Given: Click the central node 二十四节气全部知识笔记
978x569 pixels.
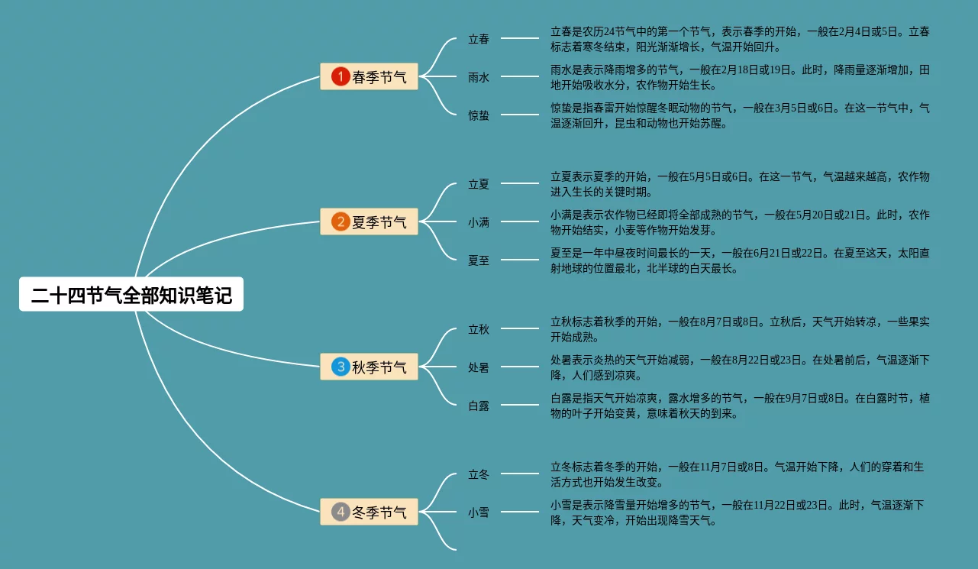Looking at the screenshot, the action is point(131,295).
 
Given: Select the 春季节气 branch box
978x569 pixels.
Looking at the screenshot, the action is point(369,76).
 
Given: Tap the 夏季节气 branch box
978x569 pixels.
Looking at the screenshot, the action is point(369,222).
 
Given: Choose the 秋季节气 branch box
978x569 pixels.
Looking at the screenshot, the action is point(369,367).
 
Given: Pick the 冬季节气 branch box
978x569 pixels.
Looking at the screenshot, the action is point(369,512).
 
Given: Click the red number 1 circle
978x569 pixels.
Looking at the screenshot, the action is point(341,76).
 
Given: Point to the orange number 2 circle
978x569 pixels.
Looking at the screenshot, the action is point(341,222).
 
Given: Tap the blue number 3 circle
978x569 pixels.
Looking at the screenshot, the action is point(341,367).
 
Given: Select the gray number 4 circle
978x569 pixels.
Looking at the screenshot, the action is point(341,512).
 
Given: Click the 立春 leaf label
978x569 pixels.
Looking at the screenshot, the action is point(479,39).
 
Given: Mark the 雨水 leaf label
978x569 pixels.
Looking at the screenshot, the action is point(479,77).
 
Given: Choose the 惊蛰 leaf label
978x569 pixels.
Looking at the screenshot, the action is point(479,115).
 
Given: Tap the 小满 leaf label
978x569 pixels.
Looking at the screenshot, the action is point(479,222).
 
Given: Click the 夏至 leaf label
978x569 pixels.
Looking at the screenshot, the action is point(479,260).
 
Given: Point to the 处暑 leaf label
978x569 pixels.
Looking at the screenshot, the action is point(479,367).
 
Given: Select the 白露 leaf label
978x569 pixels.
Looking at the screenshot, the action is point(479,406).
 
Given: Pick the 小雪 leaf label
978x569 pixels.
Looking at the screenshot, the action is point(479,512).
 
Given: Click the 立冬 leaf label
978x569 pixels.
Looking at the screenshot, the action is point(479,474).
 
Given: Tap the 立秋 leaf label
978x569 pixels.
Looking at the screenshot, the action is point(479,329).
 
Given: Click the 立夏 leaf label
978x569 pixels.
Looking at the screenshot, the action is point(479,184).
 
